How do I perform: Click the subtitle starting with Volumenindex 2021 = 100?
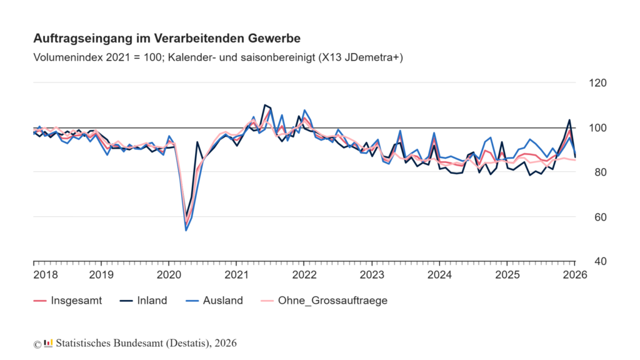point(218,57)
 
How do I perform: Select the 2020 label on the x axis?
point(169,275)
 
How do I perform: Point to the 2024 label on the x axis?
point(439,275)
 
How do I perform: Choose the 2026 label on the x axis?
point(575,275)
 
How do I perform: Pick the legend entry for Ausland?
point(218,301)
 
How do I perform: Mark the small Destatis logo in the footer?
point(48,343)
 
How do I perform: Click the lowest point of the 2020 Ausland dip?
point(186,231)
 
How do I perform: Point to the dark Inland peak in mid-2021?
point(265,105)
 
